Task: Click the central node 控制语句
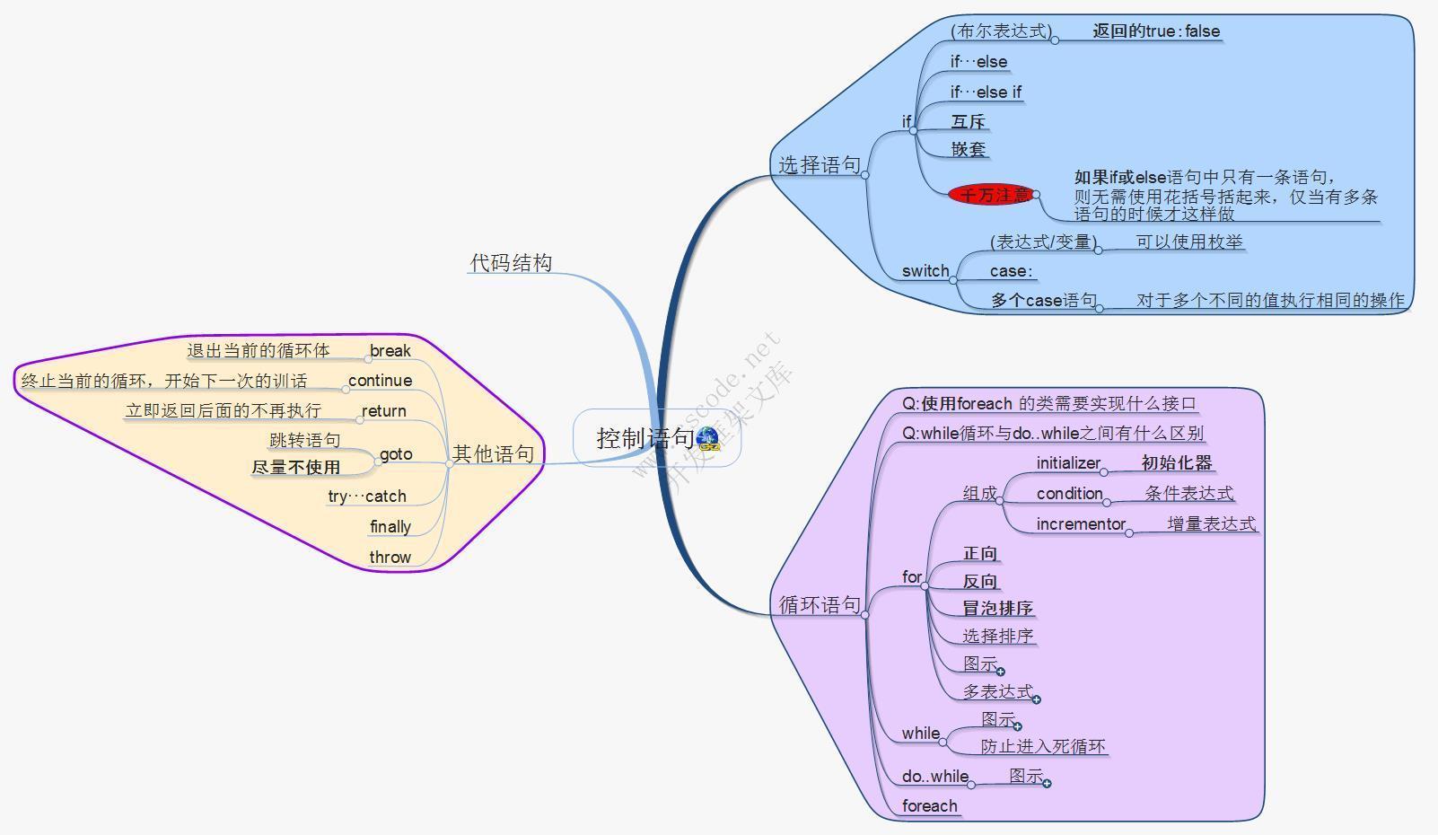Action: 644,438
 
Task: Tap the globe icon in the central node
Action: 707,438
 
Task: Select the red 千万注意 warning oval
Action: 994,194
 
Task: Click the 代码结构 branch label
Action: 511,262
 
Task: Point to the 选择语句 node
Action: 819,165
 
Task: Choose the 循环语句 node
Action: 819,604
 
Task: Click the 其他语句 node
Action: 493,453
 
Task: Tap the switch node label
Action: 925,270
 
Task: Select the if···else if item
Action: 986,92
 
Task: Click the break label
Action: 390,350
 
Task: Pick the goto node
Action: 396,453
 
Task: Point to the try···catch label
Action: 367,496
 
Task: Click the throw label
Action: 390,557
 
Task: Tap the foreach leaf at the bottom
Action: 929,805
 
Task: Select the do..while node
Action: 934,776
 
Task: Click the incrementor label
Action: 1081,523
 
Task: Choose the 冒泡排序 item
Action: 997,608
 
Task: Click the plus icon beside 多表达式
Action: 1037,699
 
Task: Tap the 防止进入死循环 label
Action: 1043,746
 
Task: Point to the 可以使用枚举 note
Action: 1189,242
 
